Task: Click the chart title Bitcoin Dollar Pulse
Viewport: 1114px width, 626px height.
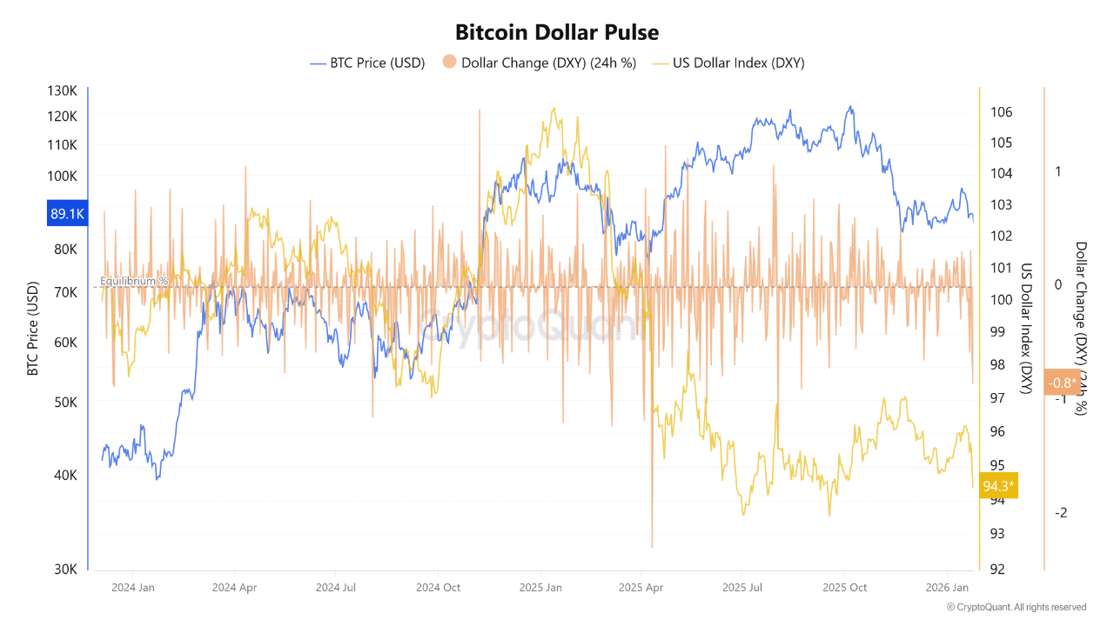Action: [x=557, y=32]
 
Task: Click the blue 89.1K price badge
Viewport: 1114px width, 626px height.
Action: [x=67, y=213]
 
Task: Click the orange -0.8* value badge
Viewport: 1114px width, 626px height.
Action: [x=1062, y=383]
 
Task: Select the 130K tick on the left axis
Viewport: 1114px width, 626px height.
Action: [x=63, y=91]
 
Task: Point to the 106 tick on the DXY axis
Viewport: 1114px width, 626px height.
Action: [x=1001, y=112]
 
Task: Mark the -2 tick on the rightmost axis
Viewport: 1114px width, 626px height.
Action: [x=1060, y=513]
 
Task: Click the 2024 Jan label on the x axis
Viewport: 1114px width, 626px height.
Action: [x=133, y=587]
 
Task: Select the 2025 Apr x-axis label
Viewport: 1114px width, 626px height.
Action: [x=641, y=587]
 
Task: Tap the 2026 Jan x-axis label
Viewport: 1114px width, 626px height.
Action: [x=947, y=587]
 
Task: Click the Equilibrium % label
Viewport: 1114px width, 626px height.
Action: [x=134, y=281]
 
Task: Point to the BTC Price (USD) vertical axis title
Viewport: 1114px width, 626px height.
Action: [x=33, y=329]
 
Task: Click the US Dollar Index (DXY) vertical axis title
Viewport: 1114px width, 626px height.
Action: [x=1026, y=329]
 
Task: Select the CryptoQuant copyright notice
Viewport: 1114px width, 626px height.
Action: [x=1017, y=607]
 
